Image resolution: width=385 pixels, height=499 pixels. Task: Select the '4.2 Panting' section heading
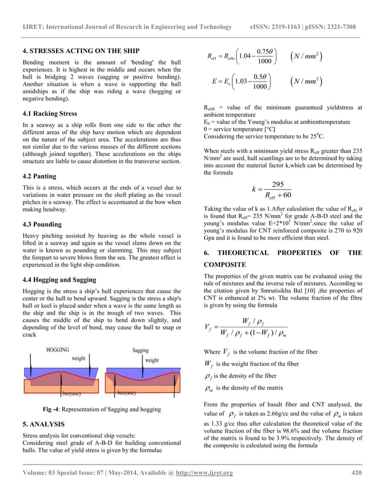(42, 177)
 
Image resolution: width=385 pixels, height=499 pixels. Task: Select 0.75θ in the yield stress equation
(265, 50)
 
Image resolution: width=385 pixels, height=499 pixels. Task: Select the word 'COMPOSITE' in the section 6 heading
(224, 265)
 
